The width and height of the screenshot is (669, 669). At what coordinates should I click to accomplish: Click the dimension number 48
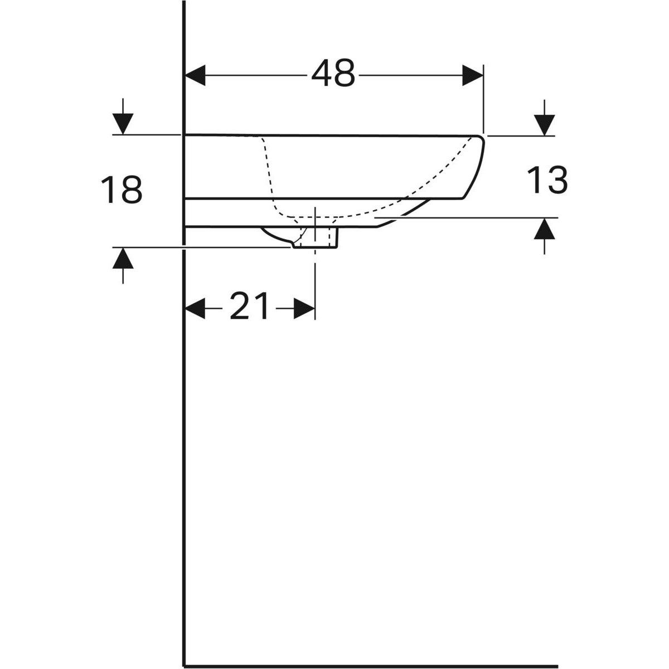click(x=333, y=73)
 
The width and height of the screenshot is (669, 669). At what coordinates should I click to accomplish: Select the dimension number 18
click(x=122, y=190)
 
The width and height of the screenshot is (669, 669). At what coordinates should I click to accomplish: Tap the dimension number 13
click(x=547, y=180)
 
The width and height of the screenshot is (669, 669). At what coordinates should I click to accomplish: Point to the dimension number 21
click(x=249, y=306)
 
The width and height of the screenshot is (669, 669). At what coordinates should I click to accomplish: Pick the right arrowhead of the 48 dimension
click(x=473, y=75)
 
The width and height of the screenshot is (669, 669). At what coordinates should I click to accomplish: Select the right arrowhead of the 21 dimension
click(x=304, y=308)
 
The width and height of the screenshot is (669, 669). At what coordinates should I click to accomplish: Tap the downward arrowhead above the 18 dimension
click(x=123, y=124)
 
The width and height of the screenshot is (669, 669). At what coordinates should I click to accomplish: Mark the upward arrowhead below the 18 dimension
click(x=123, y=258)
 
